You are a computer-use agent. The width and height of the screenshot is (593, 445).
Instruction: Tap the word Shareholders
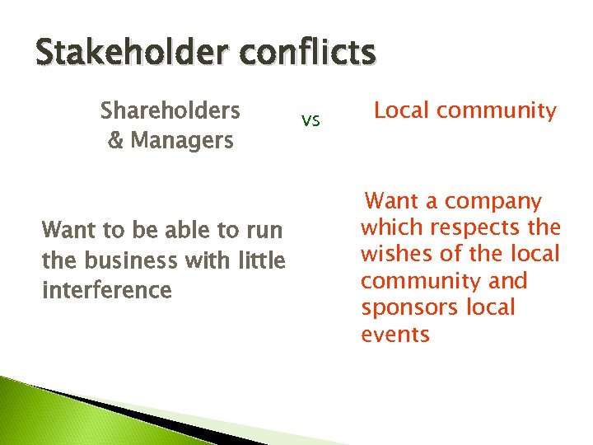point(170,110)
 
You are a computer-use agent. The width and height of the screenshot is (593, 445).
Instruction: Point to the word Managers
point(181,140)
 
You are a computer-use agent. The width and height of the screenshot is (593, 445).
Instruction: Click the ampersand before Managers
point(115,140)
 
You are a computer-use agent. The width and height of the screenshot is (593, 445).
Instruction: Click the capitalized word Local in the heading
point(401,110)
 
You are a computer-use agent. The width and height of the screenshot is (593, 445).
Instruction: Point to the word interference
point(106,289)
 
